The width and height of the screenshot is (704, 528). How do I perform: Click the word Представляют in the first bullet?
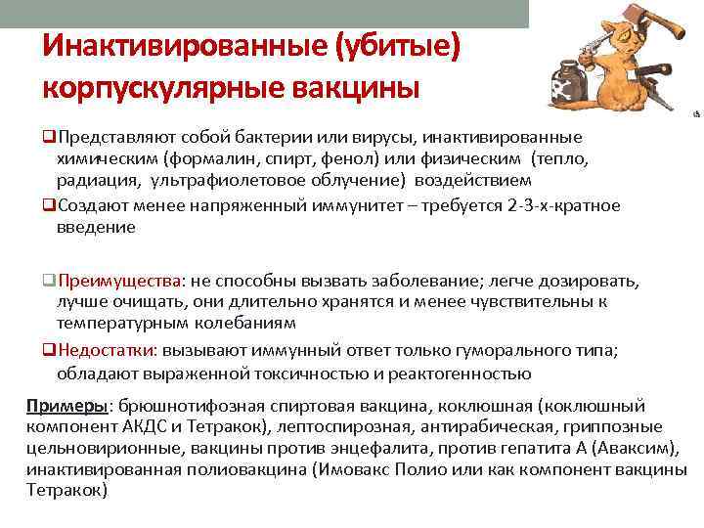pos(118,137)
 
